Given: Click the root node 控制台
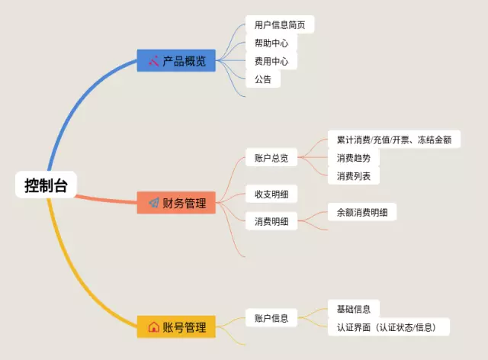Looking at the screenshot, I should pyautogui.click(x=46, y=185).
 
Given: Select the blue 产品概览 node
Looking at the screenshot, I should pyautogui.click(x=176, y=60).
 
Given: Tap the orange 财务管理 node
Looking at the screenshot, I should pyautogui.click(x=176, y=203).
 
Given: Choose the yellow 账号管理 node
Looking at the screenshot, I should pyautogui.click(x=176, y=327).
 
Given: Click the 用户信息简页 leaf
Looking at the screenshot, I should pyautogui.click(x=280, y=24).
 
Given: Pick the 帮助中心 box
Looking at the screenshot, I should pyautogui.click(x=271, y=43).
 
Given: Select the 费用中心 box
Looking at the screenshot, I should pyautogui.click(x=271, y=61).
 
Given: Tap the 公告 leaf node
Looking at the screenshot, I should pyautogui.click(x=262, y=79).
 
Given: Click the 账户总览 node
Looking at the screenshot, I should pyautogui.click(x=271, y=158).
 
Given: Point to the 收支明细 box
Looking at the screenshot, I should pyautogui.click(x=271, y=194).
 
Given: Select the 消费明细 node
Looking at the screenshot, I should pyautogui.click(x=271, y=221).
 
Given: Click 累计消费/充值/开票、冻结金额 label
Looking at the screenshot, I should pyautogui.click(x=393, y=140).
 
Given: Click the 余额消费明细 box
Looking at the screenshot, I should pyautogui.click(x=361, y=212).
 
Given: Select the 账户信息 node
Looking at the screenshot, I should pyautogui.click(x=271, y=318).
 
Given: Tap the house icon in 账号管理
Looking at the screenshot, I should pyautogui.click(x=153, y=327).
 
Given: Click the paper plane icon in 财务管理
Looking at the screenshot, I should pyautogui.click(x=153, y=203).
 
